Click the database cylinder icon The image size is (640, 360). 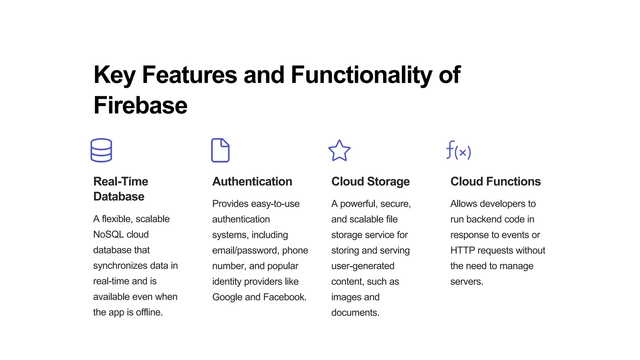click(x=101, y=150)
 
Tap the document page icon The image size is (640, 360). click(x=220, y=150)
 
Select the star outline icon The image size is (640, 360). click(x=339, y=151)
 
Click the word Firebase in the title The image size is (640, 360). click(x=140, y=105)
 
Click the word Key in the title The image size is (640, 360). click(x=114, y=75)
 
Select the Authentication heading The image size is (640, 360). click(x=252, y=182)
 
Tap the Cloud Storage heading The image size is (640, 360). click(x=370, y=182)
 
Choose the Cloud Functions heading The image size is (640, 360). click(x=495, y=182)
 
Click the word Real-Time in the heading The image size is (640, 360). click(x=121, y=182)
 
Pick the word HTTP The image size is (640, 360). click(x=462, y=250)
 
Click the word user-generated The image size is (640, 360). click(x=362, y=266)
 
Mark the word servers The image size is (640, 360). click(x=467, y=282)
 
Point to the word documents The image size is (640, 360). click(x=355, y=312)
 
